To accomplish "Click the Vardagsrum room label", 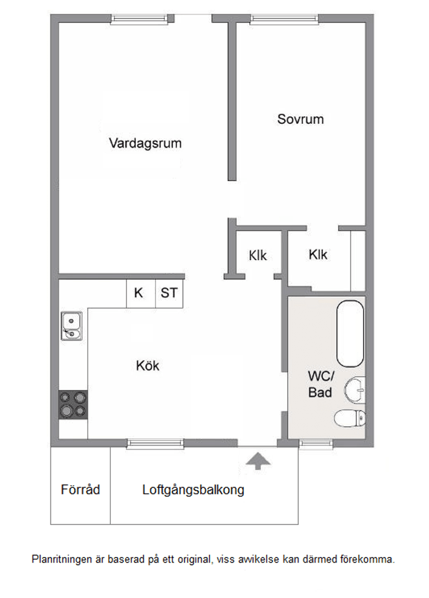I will (145, 143).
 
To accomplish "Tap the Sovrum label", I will (300, 119).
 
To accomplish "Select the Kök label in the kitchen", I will (148, 366).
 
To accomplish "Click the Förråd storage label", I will (80, 490).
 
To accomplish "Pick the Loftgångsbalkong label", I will (193, 490).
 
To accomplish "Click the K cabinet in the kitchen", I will (139, 293).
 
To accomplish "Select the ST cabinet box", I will (169, 293).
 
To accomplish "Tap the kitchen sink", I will (71, 326).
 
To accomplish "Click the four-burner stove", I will (73, 404).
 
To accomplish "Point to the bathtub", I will (350, 334).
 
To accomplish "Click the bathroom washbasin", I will (356, 389).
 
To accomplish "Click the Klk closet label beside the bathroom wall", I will (318, 255).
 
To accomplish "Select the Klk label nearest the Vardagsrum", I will (257, 256).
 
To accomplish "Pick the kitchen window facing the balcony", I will (155, 443).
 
